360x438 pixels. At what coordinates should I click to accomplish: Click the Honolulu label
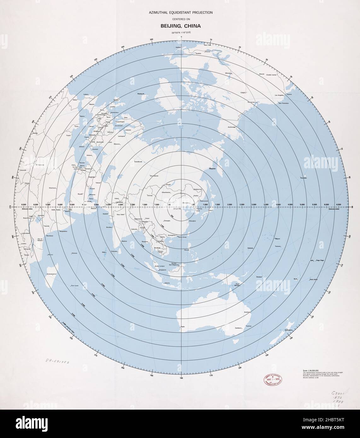(x=304, y=178)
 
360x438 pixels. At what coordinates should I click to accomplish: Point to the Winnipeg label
(x=228, y=73)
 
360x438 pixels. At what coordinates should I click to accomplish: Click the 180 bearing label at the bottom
(x=181, y=378)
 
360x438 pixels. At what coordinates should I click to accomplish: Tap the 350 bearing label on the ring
(x=152, y=39)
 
